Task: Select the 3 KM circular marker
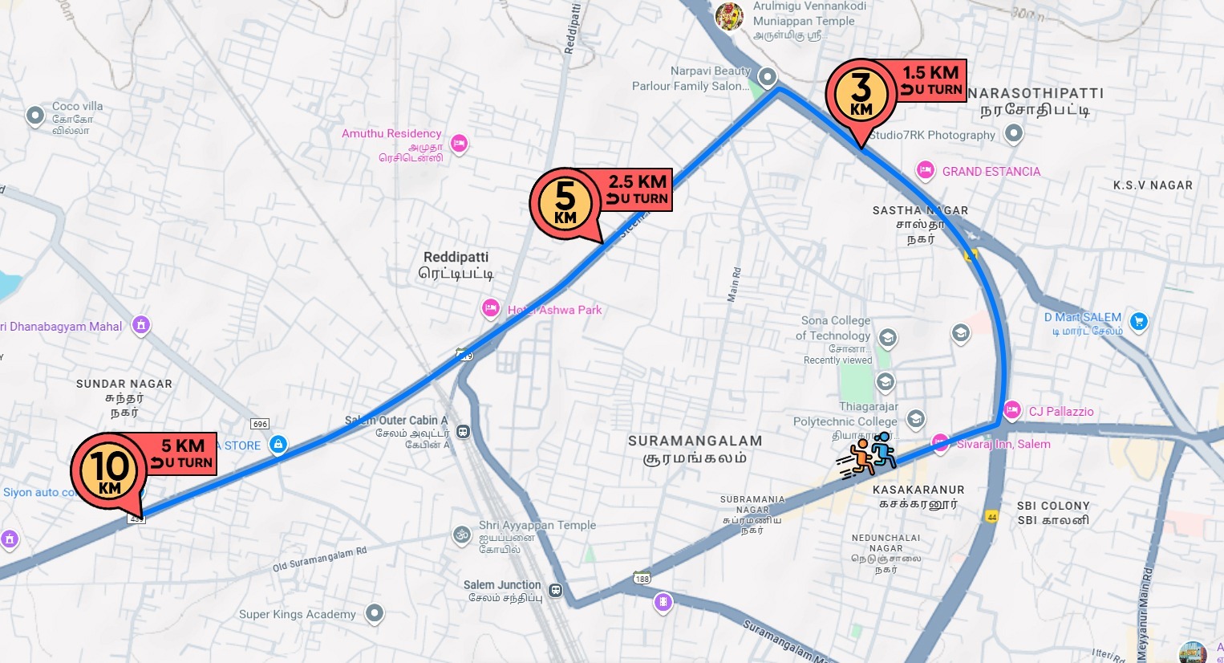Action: [861, 94]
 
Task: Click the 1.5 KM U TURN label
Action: [931, 80]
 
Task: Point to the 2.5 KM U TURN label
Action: [637, 189]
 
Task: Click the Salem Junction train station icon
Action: [556, 591]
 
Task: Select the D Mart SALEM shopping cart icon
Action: [1138, 322]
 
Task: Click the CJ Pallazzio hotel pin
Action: [1012, 410]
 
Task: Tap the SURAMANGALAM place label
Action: [695, 449]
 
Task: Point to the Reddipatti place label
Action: [456, 265]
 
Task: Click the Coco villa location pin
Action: [35, 116]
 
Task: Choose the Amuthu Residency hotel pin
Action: [459, 144]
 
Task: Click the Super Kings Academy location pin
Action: [374, 613]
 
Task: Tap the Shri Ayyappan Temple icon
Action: [462, 535]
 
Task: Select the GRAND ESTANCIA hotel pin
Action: [926, 170]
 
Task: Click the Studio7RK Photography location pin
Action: [1014, 133]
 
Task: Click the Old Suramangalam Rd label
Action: [319, 559]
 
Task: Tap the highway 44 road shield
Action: [991, 517]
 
